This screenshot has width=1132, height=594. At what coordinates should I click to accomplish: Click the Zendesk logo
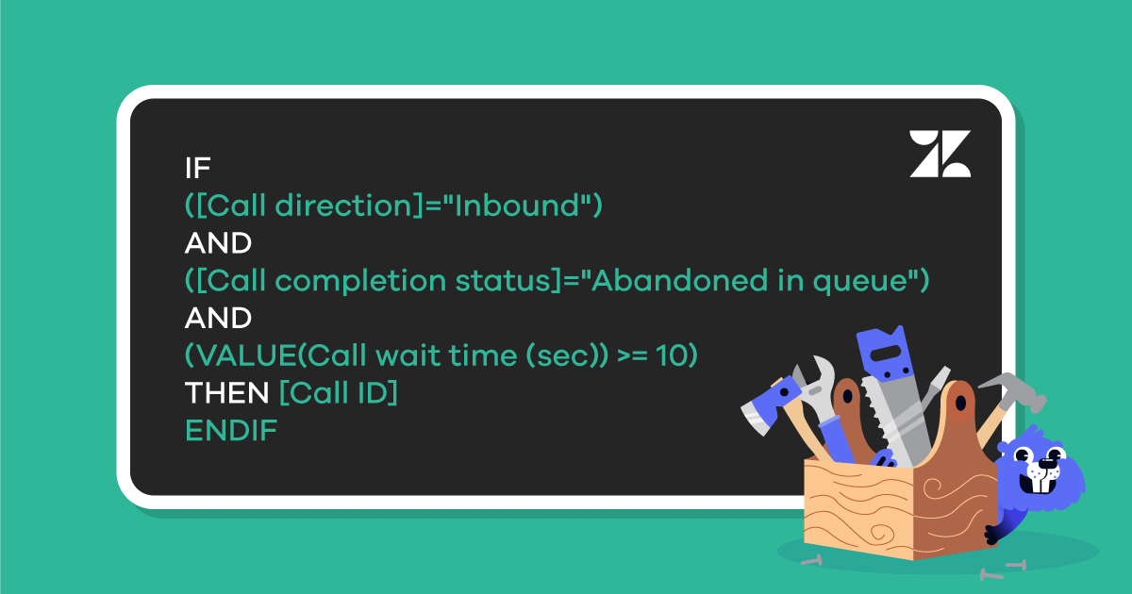pyautogui.click(x=940, y=154)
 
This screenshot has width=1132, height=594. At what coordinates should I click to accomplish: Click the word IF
pyautogui.click(x=197, y=168)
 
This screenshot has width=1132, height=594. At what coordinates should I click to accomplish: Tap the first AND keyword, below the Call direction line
pyautogui.click(x=218, y=243)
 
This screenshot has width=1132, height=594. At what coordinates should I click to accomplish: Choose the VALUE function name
pyautogui.click(x=246, y=356)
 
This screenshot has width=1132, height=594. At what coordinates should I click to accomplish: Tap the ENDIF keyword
pyautogui.click(x=231, y=432)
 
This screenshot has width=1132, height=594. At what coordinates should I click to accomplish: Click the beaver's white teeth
pyautogui.click(x=1037, y=484)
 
